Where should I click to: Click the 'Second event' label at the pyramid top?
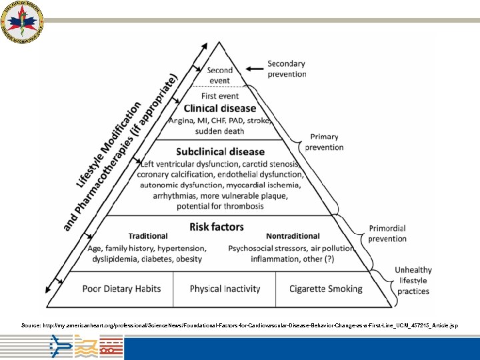click(x=220, y=75)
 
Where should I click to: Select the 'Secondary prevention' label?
click(x=287, y=69)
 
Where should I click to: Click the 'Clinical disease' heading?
click(x=219, y=108)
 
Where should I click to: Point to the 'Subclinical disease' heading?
click(x=220, y=151)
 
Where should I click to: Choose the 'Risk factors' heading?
click(x=217, y=227)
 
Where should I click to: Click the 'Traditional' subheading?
click(x=148, y=236)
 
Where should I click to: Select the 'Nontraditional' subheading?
click(x=293, y=236)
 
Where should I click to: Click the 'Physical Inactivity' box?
click(x=225, y=289)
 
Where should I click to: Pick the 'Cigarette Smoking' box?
click(x=325, y=289)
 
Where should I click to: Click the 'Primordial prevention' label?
click(x=387, y=233)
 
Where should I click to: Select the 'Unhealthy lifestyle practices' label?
click(x=413, y=281)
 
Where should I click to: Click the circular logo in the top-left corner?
click(x=22, y=22)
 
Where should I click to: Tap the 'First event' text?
click(x=219, y=96)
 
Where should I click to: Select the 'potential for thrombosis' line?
click(x=220, y=205)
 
